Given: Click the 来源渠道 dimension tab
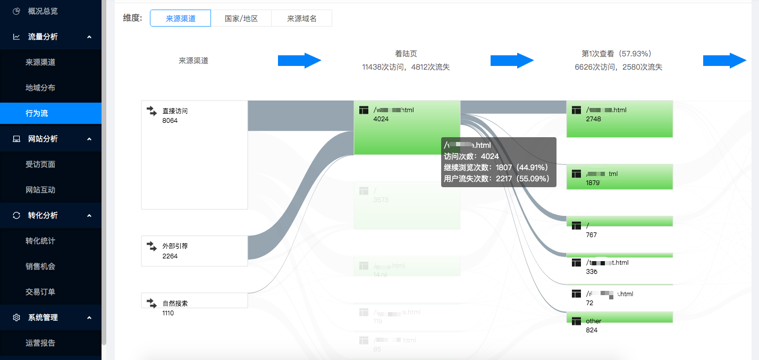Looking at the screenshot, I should click(x=181, y=18).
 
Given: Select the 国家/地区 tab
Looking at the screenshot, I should click(x=241, y=18).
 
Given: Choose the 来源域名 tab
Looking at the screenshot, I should click(x=301, y=18).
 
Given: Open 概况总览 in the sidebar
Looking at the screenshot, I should click(x=43, y=11).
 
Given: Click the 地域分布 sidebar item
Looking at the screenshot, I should click(x=40, y=88).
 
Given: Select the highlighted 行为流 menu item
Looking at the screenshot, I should click(x=37, y=113).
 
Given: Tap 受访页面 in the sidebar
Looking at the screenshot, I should click(x=40, y=164).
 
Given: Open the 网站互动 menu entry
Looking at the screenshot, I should click(x=40, y=190).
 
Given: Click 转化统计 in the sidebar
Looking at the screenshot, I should click(x=40, y=241).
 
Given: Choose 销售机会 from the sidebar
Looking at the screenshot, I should click(x=40, y=266).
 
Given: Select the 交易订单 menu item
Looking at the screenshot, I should click(x=40, y=292).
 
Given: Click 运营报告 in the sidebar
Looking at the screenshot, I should click(x=40, y=343).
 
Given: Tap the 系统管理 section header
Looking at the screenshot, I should click(x=43, y=317).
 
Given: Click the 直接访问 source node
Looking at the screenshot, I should click(x=194, y=154).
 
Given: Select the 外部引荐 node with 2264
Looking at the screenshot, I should click(x=194, y=251).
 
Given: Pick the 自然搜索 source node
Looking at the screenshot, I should click(x=194, y=300).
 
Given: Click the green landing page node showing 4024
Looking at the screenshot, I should click(x=407, y=128).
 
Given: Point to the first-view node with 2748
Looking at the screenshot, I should click(x=619, y=119).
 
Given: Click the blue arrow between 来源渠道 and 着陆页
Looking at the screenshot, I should click(x=299, y=61).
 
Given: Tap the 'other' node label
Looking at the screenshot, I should click(x=594, y=321).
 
